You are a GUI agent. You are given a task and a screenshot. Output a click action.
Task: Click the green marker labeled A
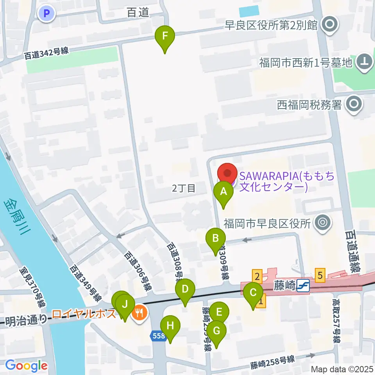coord(223,192)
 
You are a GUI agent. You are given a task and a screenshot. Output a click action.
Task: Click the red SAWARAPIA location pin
coord(227,173)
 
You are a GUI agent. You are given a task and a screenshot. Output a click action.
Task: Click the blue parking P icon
coord(47,14)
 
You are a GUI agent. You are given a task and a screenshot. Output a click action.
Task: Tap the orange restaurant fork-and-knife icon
coord(139,312)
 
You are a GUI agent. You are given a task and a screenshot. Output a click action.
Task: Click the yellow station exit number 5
coord(320,275)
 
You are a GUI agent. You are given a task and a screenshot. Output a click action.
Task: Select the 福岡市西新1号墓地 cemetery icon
coord(364,62)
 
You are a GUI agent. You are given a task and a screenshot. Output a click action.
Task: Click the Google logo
coord(27,366)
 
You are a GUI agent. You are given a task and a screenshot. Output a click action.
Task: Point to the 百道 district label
coord(138,13)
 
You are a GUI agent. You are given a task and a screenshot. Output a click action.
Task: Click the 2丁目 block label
coord(183,189)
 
